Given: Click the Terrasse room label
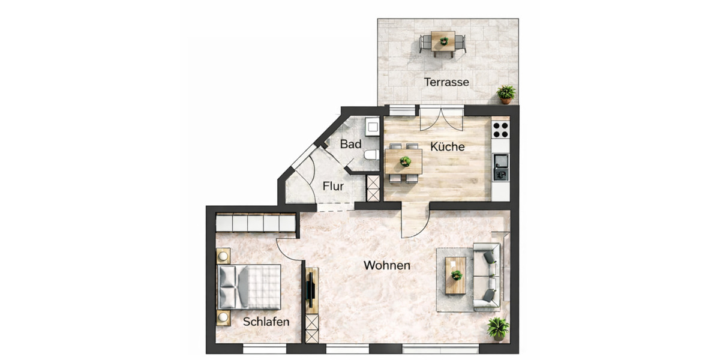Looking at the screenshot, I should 446,82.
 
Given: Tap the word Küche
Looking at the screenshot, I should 447,146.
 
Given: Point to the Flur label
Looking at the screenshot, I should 333,186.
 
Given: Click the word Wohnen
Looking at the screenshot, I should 387,265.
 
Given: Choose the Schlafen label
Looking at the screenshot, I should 266,322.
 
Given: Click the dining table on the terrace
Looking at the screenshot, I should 443,42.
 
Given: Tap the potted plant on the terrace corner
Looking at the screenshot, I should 506,94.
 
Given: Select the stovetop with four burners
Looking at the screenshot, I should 500,130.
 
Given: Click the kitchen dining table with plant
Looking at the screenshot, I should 404,161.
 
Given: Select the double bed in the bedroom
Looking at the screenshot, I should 250,286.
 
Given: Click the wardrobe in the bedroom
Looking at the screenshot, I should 256,223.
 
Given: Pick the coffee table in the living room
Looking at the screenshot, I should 456,275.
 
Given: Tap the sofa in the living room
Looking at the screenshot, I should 487,276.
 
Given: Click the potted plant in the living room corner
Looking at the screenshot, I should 498,328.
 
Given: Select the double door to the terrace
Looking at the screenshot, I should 441,118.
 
